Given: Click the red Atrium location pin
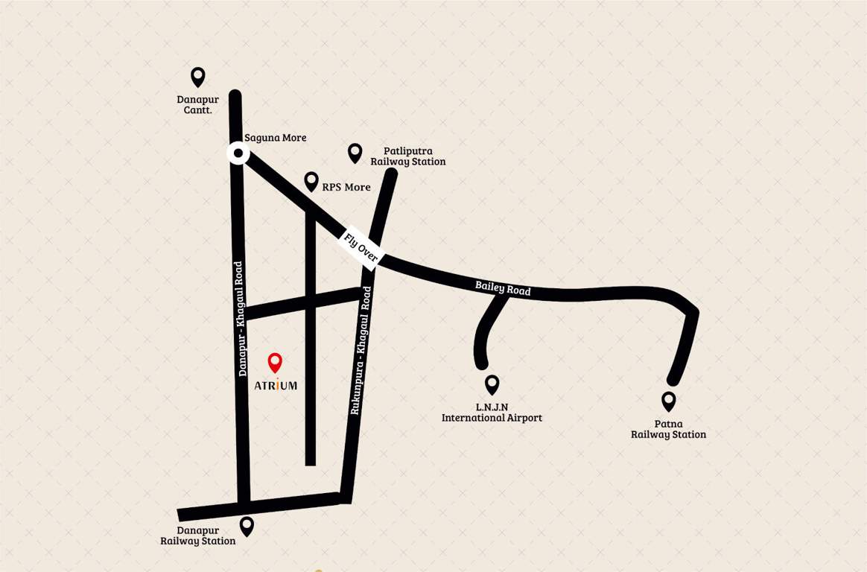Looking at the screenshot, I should click(275, 362).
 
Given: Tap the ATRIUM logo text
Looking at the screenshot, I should click(276, 385).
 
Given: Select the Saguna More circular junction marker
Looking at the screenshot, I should click(238, 154).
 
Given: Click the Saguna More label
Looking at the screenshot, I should click(276, 138).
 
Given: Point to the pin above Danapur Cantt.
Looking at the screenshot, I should click(197, 76).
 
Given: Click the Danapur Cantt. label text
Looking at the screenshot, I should click(194, 104).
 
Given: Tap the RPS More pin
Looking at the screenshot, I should click(311, 181).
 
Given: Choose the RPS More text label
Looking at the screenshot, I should click(346, 187).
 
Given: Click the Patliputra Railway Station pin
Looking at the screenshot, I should click(355, 153).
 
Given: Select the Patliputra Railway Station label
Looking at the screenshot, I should click(408, 156).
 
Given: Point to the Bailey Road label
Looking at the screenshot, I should click(503, 288).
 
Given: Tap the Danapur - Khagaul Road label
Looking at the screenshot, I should click(241, 318).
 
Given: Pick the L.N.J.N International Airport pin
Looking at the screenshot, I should click(492, 384).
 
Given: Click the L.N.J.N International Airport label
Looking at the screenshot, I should click(492, 413).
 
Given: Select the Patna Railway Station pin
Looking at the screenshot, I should click(669, 401).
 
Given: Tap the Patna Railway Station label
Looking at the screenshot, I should click(668, 429).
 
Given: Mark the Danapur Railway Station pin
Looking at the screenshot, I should click(247, 526).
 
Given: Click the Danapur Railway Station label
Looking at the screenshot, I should click(198, 536).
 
